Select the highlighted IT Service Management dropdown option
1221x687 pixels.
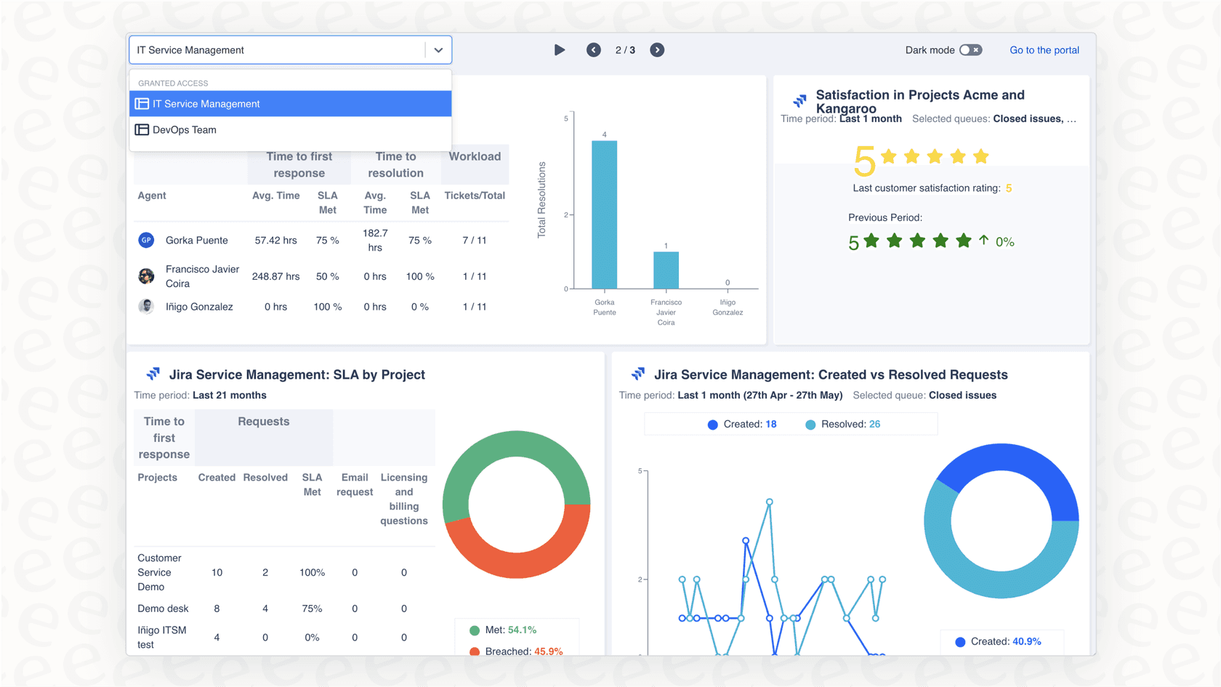[290, 103]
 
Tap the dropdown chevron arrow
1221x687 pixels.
[438, 50]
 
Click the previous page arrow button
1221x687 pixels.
[594, 50]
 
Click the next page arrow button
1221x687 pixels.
[657, 50]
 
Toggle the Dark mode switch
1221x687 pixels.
[970, 50]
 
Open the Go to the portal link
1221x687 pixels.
[1044, 50]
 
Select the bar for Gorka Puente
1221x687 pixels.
[605, 214]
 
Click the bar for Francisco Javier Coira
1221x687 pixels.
[666, 270]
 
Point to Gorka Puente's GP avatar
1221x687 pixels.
[146, 240]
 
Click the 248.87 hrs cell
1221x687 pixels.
[276, 276]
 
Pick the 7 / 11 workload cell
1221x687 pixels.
[474, 240]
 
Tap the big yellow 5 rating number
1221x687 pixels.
[864, 161]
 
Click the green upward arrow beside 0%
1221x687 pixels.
[983, 240]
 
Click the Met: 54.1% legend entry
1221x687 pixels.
[503, 630]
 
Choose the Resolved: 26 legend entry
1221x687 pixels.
[843, 425]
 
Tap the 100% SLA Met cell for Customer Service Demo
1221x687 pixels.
[312, 573]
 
